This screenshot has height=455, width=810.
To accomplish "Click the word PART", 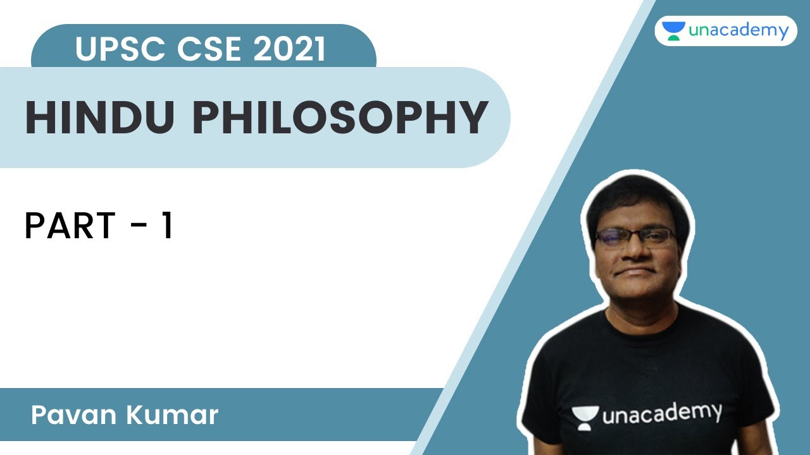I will (70, 226).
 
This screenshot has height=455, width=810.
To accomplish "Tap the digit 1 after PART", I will (167, 226).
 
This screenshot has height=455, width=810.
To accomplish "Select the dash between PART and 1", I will (137, 227).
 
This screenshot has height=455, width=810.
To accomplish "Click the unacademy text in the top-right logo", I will (738, 30).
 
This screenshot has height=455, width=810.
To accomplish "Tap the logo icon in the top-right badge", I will (673, 31).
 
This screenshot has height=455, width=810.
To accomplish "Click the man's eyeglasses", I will (635, 238).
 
